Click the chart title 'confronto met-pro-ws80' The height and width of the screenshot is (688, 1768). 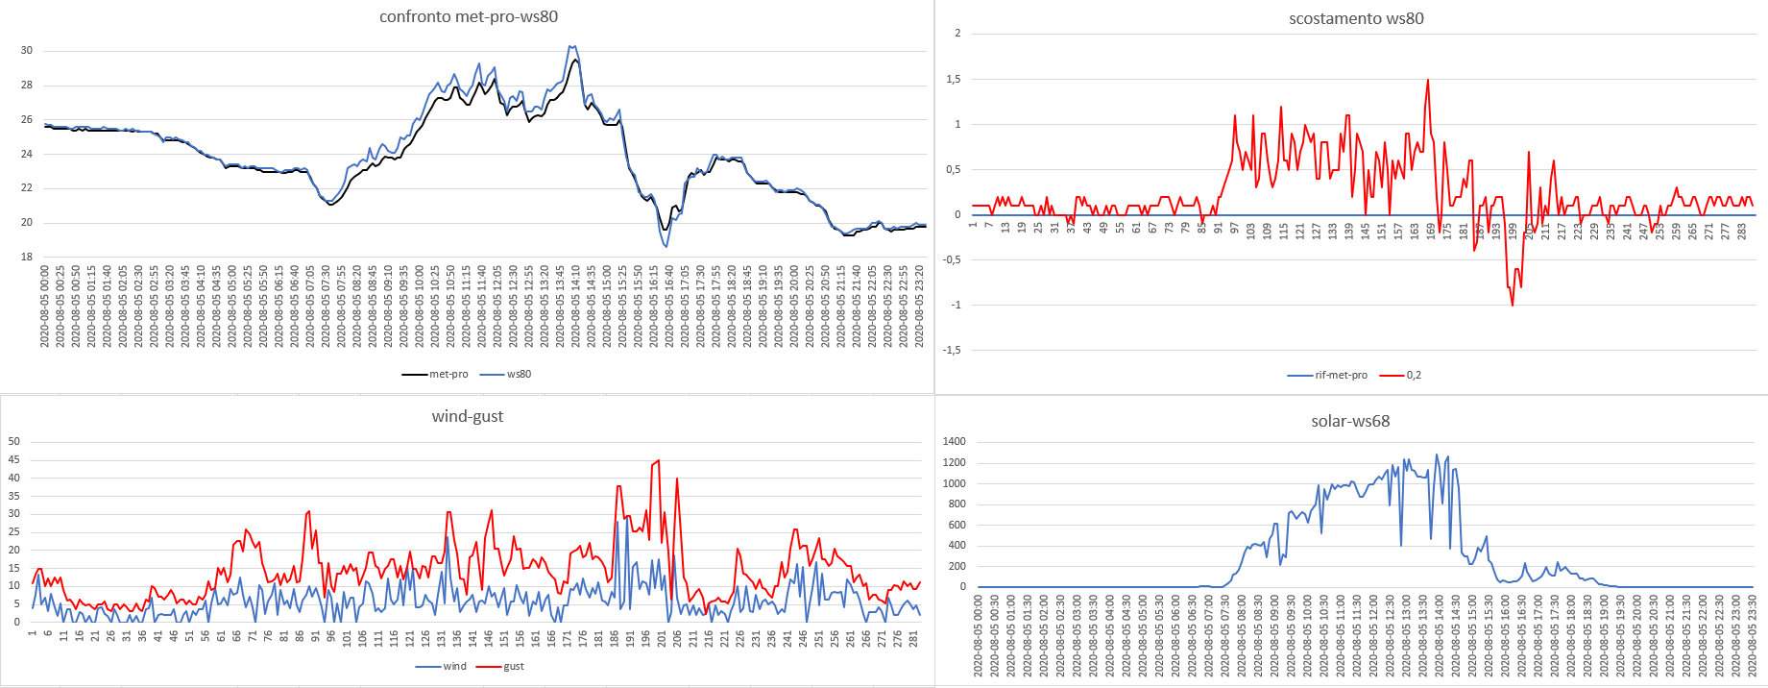468,16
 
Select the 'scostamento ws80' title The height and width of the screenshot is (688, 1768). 1356,18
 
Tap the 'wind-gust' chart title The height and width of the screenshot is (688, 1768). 468,416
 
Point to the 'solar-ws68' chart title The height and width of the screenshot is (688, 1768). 1350,421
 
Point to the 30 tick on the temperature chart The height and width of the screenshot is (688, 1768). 27,51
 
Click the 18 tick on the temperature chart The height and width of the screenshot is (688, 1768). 27,257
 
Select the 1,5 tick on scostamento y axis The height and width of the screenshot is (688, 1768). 953,79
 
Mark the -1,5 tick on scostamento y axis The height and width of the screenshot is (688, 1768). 951,350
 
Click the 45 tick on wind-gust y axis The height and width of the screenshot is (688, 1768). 14,459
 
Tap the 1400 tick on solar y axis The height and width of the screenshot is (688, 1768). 955,442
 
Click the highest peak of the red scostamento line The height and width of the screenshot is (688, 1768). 1428,80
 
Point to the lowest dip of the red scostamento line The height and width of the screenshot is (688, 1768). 1513,305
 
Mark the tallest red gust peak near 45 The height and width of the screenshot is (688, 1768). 658,460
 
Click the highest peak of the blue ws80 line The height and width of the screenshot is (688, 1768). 572,46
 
